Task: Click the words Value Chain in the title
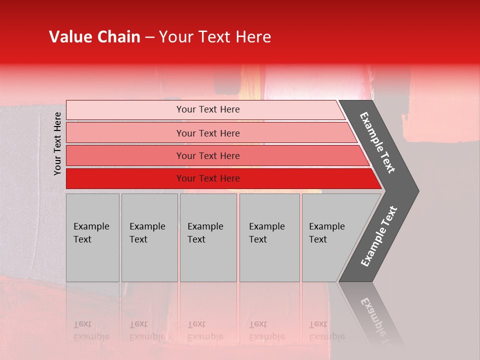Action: (94, 37)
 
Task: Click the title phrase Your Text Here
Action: (215, 37)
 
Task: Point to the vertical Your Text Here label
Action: (57, 143)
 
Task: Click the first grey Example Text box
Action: (92, 237)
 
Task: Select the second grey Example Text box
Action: (149, 237)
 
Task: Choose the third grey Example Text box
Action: (208, 237)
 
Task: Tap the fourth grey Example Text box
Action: (269, 237)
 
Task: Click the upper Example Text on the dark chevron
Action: (378, 142)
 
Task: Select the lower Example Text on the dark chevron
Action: (378, 236)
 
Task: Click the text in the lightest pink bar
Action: (208, 109)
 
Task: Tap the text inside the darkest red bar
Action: (208, 178)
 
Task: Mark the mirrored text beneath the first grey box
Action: (91, 330)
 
